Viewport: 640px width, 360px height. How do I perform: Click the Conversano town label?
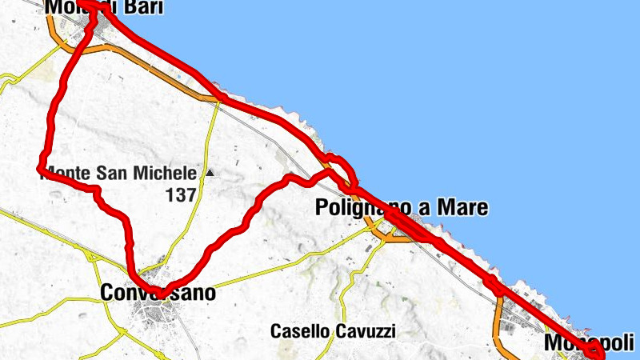pyautogui.click(x=158, y=294)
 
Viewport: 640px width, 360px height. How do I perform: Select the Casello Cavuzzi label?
pyautogui.click(x=333, y=330)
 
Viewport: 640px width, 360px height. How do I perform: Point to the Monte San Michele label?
pyautogui.click(x=118, y=173)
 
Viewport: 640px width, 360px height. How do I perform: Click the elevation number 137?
pyautogui.click(x=181, y=194)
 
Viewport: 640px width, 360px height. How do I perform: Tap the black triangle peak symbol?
pyautogui.click(x=210, y=172)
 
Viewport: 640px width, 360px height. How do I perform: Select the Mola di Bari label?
pyautogui.click(x=105, y=8)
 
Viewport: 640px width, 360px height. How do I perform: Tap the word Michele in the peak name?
pyautogui.click(x=167, y=173)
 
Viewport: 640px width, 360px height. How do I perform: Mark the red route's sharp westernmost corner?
pyautogui.click(x=39, y=168)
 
